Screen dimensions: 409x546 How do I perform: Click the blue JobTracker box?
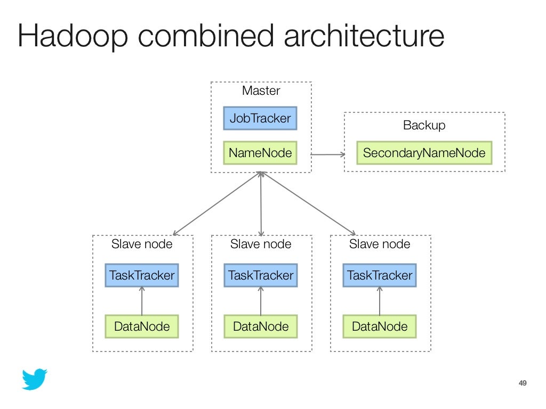pyautogui.click(x=260, y=118)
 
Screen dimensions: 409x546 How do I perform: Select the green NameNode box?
pyautogui.click(x=260, y=153)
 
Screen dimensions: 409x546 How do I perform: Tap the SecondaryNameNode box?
pyautogui.click(x=424, y=153)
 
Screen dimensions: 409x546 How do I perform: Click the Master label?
pyautogui.click(x=261, y=91)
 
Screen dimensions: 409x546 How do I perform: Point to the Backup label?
pyautogui.click(x=424, y=125)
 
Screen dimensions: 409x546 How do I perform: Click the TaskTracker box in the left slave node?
pyautogui.click(x=142, y=275)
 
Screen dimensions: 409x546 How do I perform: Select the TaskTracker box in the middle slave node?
pyautogui.click(x=261, y=275)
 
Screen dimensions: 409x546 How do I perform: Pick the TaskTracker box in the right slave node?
pyautogui.click(x=380, y=275)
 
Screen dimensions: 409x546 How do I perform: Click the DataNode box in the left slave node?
pyautogui.click(x=142, y=326)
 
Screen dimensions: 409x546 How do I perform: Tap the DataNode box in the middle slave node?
pyautogui.click(x=261, y=326)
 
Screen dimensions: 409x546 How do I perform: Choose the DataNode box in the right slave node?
pyautogui.click(x=380, y=326)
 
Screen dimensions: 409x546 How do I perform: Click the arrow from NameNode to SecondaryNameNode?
pyautogui.click(x=328, y=155)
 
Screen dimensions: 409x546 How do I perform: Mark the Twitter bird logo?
pyautogui.click(x=34, y=379)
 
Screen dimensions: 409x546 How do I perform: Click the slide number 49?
pyautogui.click(x=523, y=383)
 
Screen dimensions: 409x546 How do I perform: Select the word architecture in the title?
pyautogui.click(x=364, y=36)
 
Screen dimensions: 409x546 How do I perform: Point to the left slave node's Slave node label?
pyautogui.click(x=142, y=244)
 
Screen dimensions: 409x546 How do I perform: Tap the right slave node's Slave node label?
pyautogui.click(x=380, y=244)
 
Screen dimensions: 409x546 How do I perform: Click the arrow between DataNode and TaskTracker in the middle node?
pyautogui.click(x=261, y=301)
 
